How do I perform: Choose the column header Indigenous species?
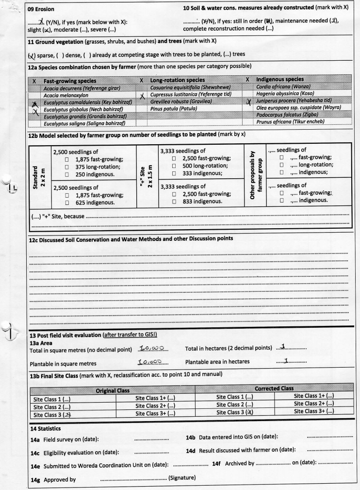point(285,79)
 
